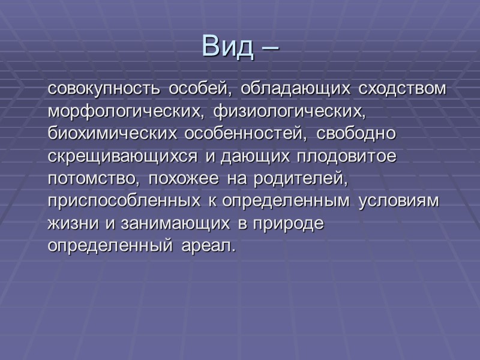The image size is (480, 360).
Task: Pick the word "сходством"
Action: point(403,89)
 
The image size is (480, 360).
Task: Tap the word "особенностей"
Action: point(240,133)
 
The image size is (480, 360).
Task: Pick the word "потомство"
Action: point(94,178)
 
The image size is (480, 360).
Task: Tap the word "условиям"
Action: point(399,201)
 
